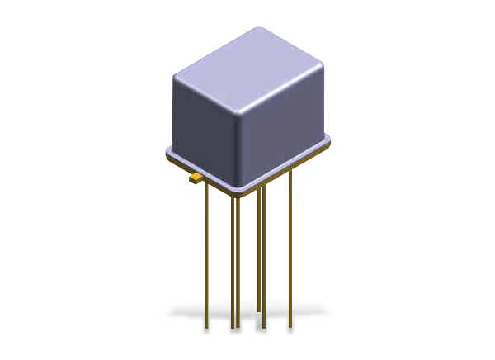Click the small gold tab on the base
[x=196, y=175]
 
